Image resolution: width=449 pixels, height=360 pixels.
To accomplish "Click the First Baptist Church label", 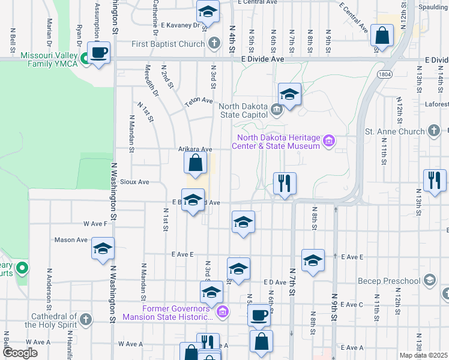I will (x=169, y=44).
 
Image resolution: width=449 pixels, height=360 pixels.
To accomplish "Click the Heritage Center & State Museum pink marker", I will (x=328, y=142).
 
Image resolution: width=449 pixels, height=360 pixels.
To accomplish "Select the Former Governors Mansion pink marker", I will (x=223, y=311).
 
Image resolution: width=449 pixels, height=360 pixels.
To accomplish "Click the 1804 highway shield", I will (x=385, y=74).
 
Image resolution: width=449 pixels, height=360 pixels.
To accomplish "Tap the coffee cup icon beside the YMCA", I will (x=100, y=52).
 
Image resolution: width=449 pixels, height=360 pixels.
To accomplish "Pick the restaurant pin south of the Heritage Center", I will (x=284, y=182).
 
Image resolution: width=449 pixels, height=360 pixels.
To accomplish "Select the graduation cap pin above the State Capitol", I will (x=289, y=94).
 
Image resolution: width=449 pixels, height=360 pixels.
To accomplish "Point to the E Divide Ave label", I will (x=262, y=60).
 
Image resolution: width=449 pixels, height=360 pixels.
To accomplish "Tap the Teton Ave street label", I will (x=199, y=102).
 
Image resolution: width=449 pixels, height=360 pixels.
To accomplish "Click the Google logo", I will (x=20, y=352).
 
